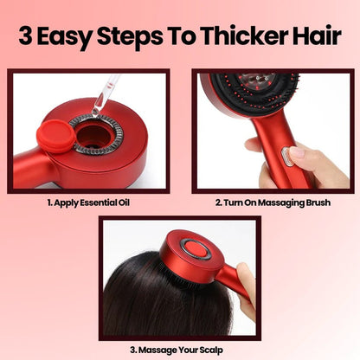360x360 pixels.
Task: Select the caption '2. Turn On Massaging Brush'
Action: (272, 205)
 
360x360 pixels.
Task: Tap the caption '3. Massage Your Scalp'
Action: (179, 350)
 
